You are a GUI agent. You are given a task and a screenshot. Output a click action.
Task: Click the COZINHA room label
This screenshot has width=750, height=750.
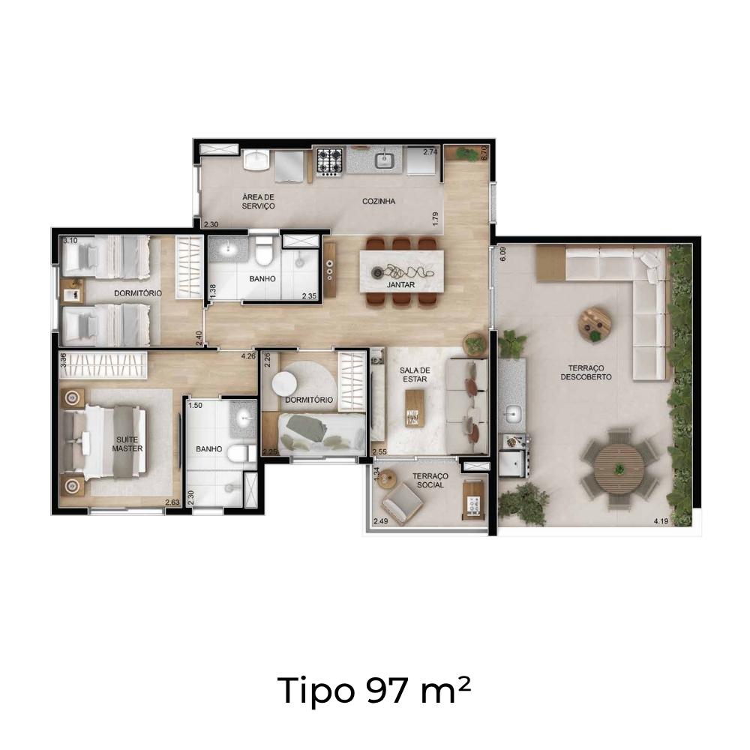point(378,201)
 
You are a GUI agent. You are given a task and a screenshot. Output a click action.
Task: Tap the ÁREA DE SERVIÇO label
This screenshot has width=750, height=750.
point(258,201)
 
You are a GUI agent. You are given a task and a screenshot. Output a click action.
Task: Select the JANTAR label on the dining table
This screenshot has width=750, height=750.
point(400,284)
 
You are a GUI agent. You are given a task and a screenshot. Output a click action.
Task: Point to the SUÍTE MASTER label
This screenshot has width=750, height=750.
point(127,444)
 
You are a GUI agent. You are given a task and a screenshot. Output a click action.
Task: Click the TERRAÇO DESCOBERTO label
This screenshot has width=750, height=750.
point(586,372)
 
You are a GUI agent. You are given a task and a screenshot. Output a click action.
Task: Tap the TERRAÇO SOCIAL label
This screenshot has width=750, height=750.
point(430,480)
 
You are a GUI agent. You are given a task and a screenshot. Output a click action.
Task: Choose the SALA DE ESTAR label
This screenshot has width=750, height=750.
point(415,374)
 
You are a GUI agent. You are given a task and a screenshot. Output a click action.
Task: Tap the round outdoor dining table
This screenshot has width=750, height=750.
point(619,469)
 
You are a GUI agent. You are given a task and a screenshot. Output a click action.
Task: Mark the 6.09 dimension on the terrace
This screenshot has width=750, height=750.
point(502,253)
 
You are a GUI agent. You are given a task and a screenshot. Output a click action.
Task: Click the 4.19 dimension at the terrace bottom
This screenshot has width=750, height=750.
point(661,521)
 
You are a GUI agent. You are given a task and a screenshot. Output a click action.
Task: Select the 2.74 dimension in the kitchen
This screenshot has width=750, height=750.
point(430,152)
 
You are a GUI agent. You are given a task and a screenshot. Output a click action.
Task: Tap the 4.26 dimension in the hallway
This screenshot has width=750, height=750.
point(249,355)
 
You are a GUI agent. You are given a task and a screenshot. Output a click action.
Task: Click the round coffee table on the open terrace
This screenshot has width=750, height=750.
point(595,324)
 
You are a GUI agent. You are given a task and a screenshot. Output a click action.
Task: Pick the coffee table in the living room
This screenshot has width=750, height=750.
point(414,408)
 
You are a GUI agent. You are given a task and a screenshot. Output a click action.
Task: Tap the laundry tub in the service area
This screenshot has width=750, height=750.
point(256,160)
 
